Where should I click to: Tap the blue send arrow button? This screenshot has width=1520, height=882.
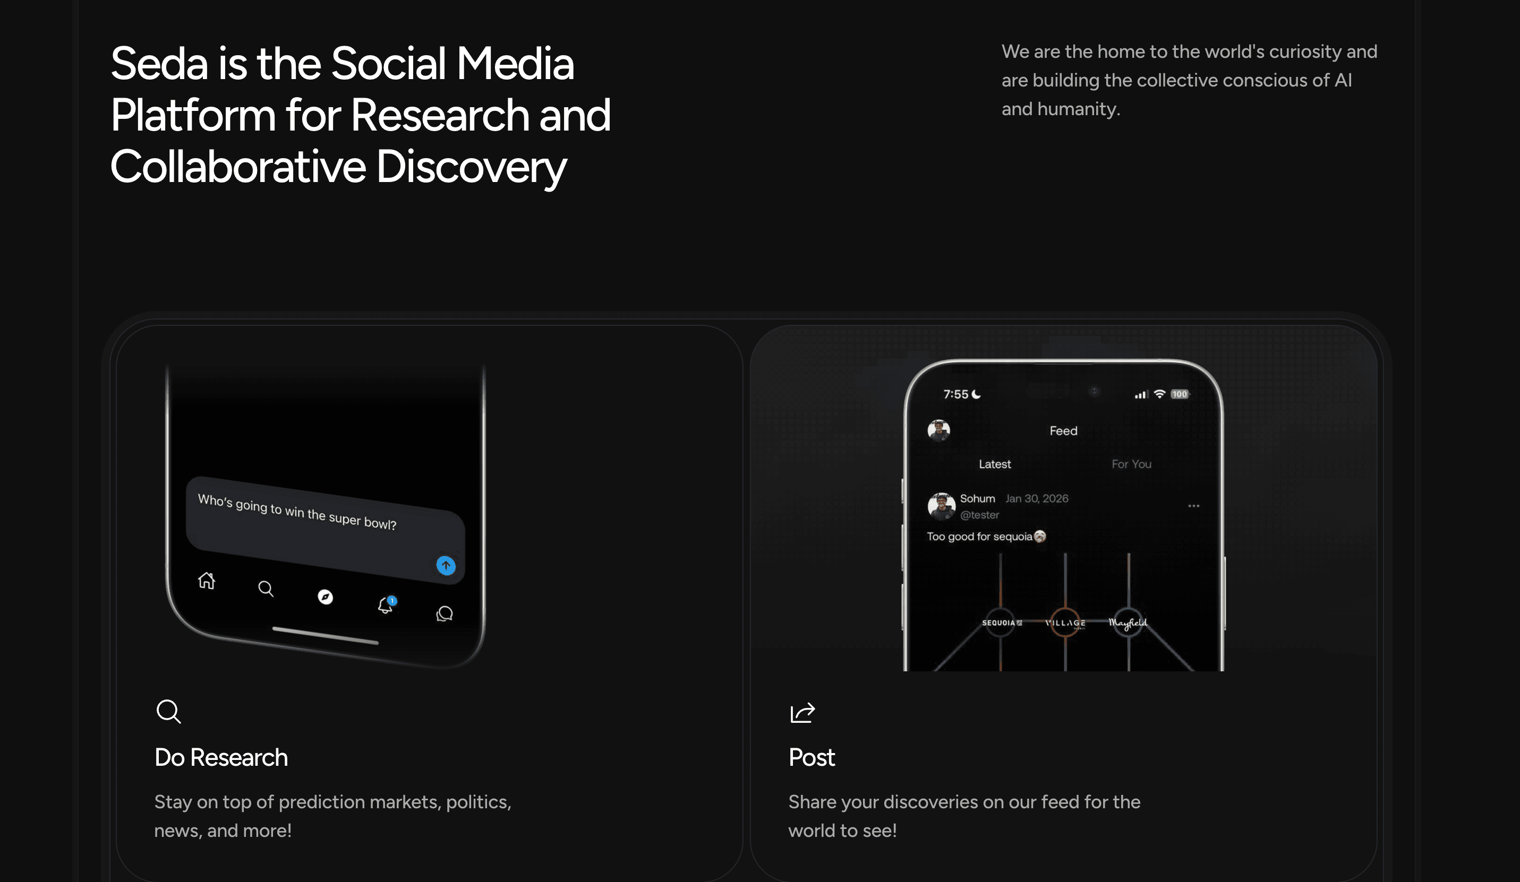[x=446, y=566]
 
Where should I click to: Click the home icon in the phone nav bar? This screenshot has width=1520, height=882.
[x=206, y=581]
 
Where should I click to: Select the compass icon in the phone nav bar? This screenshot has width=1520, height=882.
[x=325, y=597]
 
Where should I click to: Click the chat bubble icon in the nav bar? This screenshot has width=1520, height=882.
[x=445, y=613]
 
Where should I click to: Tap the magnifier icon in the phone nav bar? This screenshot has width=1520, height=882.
[x=266, y=589]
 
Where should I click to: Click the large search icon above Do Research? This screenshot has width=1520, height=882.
[x=168, y=712]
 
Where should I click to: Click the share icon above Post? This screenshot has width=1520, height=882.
[x=802, y=713]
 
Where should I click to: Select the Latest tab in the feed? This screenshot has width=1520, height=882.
[x=995, y=464]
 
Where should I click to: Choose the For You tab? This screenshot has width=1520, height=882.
[x=1132, y=464]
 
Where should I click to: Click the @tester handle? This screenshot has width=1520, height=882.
[x=979, y=515]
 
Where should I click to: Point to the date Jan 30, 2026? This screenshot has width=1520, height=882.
[x=1036, y=498]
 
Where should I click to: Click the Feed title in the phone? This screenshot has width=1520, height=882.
[x=1063, y=431]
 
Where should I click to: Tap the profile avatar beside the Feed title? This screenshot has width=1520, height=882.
[x=938, y=430]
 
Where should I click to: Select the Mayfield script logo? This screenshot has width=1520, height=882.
[x=1128, y=623]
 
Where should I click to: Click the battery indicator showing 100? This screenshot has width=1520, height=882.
[x=1179, y=394]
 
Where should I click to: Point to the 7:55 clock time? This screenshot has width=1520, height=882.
[x=955, y=394]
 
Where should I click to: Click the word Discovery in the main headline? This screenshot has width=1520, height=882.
[x=471, y=167]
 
